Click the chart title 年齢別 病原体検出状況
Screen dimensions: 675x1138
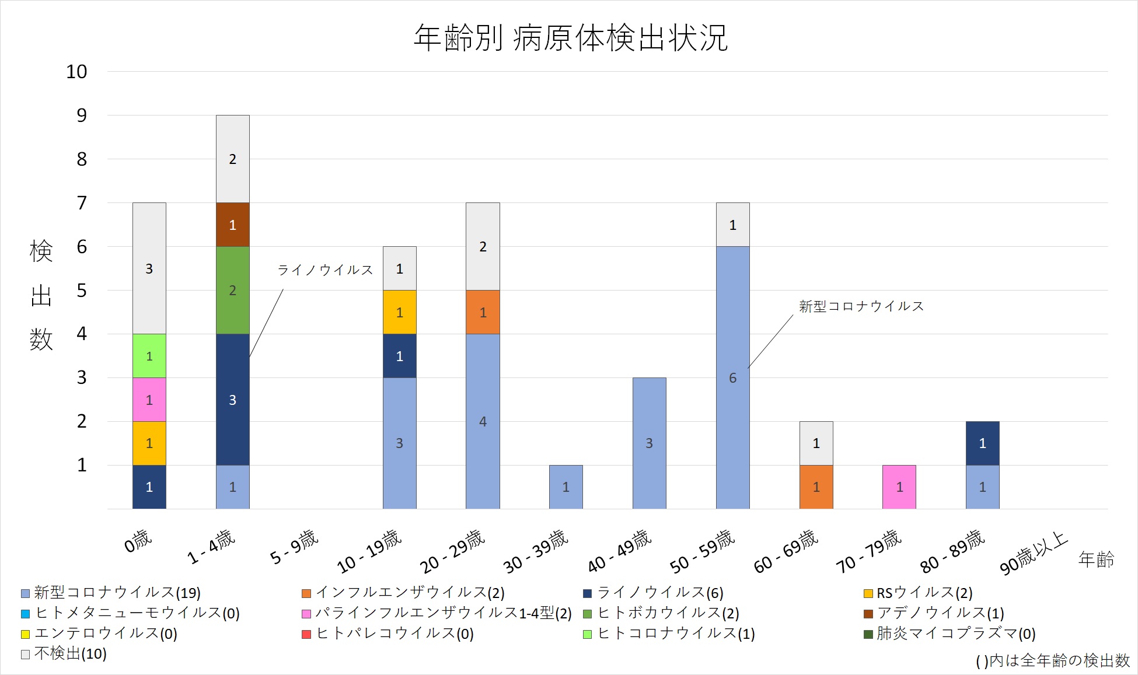(x=570, y=38)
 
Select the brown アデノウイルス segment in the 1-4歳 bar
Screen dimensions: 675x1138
(x=233, y=225)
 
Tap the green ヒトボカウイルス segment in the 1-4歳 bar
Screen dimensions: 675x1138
(x=233, y=290)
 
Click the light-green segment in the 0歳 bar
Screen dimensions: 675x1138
(x=149, y=356)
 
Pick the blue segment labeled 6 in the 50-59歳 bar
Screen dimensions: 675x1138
(x=732, y=377)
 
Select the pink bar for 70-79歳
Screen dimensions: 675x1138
(x=899, y=487)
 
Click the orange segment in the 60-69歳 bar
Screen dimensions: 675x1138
(x=816, y=487)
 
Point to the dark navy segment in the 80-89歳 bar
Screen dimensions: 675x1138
(x=983, y=443)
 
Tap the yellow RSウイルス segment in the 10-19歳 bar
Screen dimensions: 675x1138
(x=400, y=312)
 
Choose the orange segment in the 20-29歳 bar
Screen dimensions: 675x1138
(x=483, y=312)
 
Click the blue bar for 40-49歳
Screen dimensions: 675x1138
(x=649, y=443)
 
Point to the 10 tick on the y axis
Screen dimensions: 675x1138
(x=76, y=72)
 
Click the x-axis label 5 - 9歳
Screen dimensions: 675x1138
(x=294, y=548)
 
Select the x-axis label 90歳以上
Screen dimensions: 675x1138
(x=1034, y=554)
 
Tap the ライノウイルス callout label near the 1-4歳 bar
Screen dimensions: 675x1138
(x=325, y=270)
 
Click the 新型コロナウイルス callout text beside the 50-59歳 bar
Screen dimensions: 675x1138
(x=861, y=306)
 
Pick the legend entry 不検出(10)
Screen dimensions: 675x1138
(x=64, y=654)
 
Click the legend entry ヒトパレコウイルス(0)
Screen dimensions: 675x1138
(x=388, y=634)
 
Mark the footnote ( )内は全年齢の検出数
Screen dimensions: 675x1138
(x=1052, y=660)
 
